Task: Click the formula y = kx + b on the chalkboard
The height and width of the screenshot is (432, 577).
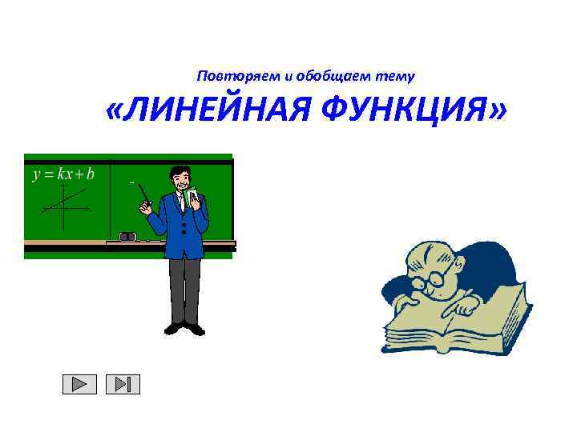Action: tap(63, 174)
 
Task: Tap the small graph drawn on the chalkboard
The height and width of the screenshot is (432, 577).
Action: tap(64, 206)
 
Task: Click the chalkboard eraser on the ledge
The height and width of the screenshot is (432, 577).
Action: tap(128, 237)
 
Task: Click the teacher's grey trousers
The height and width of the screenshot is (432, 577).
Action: tap(184, 288)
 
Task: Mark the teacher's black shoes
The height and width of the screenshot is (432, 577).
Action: tap(185, 327)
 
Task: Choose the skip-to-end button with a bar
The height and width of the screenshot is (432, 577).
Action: tap(123, 385)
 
